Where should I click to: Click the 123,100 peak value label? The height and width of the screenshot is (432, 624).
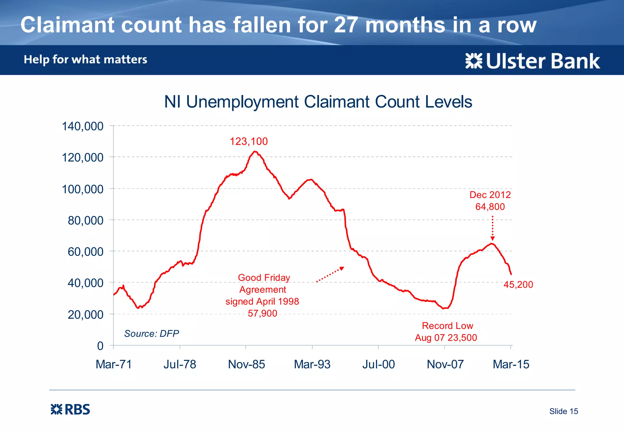(x=249, y=141)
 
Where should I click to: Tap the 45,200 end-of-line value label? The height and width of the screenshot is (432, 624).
(x=518, y=285)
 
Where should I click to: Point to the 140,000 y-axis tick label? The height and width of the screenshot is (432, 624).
(x=83, y=126)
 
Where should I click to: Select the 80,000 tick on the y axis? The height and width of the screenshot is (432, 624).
(x=85, y=220)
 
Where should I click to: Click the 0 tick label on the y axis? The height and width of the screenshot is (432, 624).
(x=100, y=346)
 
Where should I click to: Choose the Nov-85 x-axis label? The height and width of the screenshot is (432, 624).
(x=246, y=364)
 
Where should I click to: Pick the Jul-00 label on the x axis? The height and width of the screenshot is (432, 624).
(x=378, y=364)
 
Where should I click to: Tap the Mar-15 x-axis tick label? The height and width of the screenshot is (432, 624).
(x=511, y=364)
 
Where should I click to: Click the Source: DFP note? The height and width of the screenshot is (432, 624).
(x=151, y=334)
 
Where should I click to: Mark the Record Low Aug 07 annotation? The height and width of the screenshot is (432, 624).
(x=446, y=332)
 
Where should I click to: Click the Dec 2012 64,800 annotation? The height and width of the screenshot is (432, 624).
(x=490, y=201)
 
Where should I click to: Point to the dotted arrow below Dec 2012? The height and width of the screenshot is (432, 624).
(x=492, y=228)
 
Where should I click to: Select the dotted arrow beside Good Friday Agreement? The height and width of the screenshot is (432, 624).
(x=330, y=274)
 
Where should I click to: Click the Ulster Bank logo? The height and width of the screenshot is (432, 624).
(x=533, y=61)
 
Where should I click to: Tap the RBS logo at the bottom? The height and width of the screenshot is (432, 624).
(x=70, y=409)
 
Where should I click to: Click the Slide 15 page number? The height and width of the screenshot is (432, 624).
(x=563, y=411)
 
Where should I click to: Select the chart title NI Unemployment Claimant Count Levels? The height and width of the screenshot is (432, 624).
(x=318, y=102)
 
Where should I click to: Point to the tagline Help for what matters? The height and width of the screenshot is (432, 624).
(x=86, y=59)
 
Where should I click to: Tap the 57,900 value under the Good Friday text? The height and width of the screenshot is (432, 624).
(x=262, y=313)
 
